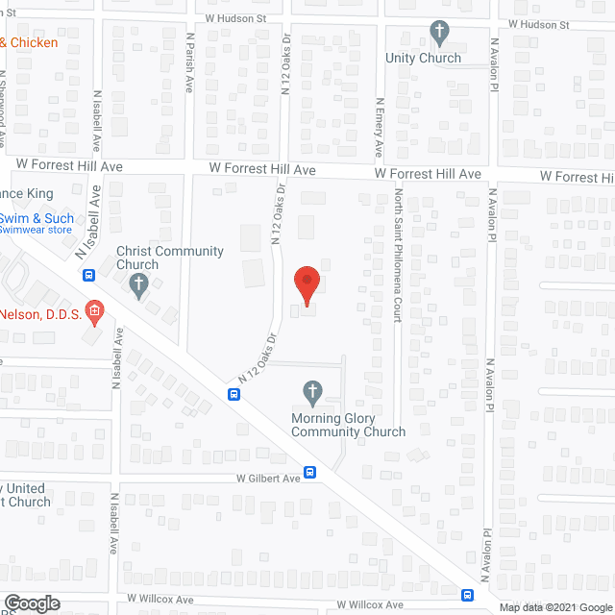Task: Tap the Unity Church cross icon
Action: pyautogui.click(x=439, y=34)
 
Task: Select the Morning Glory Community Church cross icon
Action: pyautogui.click(x=311, y=391)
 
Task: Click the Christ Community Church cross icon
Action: pyautogui.click(x=139, y=285)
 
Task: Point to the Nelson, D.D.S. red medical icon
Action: pyautogui.click(x=94, y=310)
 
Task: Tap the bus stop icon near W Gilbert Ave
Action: pyautogui.click(x=310, y=472)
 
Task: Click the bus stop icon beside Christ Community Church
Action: pyautogui.click(x=88, y=276)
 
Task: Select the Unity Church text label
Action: pyautogui.click(x=423, y=58)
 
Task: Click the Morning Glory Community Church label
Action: pyautogui.click(x=350, y=425)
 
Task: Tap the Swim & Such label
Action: pyautogui.click(x=37, y=218)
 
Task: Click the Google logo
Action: pyautogui.click(x=31, y=603)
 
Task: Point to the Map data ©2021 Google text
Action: pyautogui.click(x=555, y=607)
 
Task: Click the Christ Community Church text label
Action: pyautogui.click(x=169, y=258)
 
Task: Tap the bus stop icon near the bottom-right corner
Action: pyautogui.click(x=466, y=594)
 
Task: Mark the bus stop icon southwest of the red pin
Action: pyautogui.click(x=234, y=394)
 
